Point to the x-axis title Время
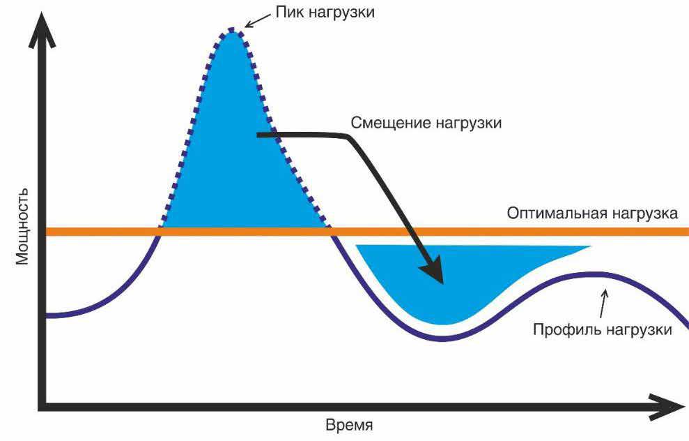(349, 426)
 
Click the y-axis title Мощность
(22, 227)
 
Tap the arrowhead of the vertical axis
(42, 30)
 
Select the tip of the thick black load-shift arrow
(442, 284)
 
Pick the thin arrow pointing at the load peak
(258, 20)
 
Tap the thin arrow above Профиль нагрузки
(603, 303)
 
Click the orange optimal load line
(367, 232)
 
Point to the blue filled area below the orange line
(457, 277)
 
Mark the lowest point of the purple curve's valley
(442, 339)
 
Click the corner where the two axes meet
(42, 407)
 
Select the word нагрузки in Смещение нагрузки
(467, 124)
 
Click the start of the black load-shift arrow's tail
(258, 135)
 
